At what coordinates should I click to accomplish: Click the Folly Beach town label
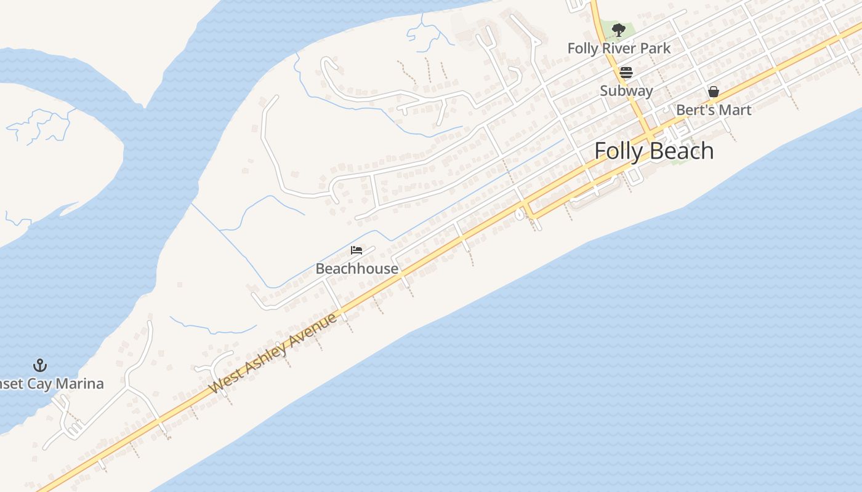pyautogui.click(x=654, y=151)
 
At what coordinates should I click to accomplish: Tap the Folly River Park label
pyautogui.click(x=619, y=48)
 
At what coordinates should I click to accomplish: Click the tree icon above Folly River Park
pyautogui.click(x=619, y=30)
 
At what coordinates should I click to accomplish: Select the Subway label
pyautogui.click(x=626, y=90)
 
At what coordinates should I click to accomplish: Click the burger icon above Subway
pyautogui.click(x=626, y=73)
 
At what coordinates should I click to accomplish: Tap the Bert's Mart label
pyautogui.click(x=714, y=110)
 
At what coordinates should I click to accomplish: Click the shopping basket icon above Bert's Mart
pyautogui.click(x=714, y=92)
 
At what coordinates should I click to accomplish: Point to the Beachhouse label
pyautogui.click(x=356, y=269)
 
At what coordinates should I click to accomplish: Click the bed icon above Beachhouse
pyautogui.click(x=356, y=250)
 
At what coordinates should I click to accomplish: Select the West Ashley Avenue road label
pyautogui.click(x=273, y=354)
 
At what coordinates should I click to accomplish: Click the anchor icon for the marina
pyautogui.click(x=40, y=365)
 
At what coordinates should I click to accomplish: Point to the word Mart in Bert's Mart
pyautogui.click(x=735, y=110)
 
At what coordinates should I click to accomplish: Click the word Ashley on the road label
pyautogui.click(x=265, y=358)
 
